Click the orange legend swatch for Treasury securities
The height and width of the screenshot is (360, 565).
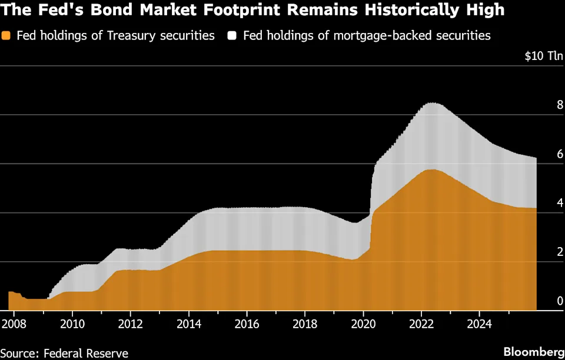[x=6, y=35]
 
